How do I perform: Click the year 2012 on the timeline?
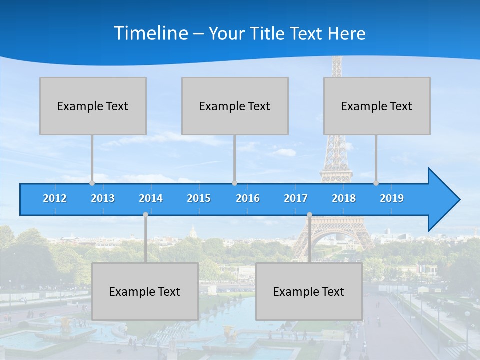(55, 198)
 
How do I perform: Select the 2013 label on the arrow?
(103, 198)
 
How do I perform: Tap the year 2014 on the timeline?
(151, 198)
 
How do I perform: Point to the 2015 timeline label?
(199, 198)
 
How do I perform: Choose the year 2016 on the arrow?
(248, 198)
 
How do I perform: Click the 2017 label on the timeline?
(296, 198)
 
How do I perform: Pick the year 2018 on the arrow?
(344, 198)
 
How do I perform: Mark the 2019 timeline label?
(392, 198)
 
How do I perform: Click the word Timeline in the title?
(150, 33)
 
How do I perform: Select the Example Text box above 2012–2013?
(93, 106)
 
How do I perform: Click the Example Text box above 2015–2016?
(235, 106)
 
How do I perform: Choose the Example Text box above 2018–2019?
(377, 106)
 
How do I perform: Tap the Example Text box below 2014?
(145, 291)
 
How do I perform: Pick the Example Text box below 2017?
(309, 291)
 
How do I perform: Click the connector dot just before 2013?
(92, 183)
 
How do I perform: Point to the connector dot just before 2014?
(145, 215)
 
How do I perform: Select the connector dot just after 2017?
(309, 215)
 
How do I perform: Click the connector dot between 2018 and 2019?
(376, 183)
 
